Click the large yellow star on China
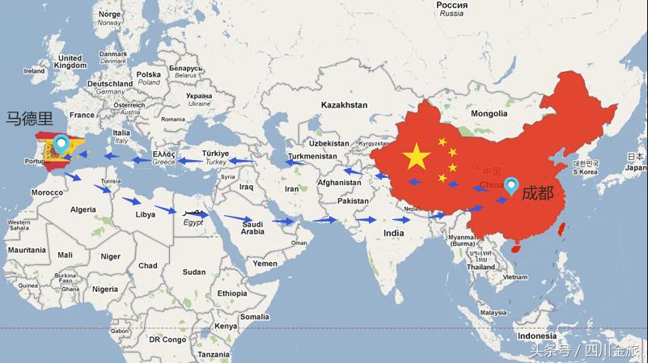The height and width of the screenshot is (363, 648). (x=417, y=156)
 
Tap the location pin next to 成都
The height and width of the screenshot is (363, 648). (x=511, y=188)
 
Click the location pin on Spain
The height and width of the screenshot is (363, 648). (x=61, y=146)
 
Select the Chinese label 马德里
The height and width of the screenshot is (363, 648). (x=30, y=120)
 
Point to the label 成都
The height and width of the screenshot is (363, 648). (x=538, y=192)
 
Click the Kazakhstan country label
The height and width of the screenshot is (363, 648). (x=344, y=105)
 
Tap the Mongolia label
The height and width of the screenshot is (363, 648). (x=489, y=113)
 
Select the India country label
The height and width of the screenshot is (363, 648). (x=393, y=233)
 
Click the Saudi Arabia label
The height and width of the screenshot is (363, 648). (x=252, y=228)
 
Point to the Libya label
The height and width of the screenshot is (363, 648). (x=146, y=215)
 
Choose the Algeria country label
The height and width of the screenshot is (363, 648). (x=83, y=209)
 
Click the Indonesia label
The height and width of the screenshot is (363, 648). (x=537, y=336)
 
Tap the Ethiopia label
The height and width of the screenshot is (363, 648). (x=232, y=293)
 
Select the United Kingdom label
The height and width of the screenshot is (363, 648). (x=70, y=61)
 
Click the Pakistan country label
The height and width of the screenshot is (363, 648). (x=353, y=200)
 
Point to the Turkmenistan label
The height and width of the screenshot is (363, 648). (x=312, y=155)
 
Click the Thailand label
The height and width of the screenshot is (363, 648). (x=481, y=267)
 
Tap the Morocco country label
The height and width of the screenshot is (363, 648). (x=47, y=192)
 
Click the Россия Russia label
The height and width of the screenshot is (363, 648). (x=451, y=9)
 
